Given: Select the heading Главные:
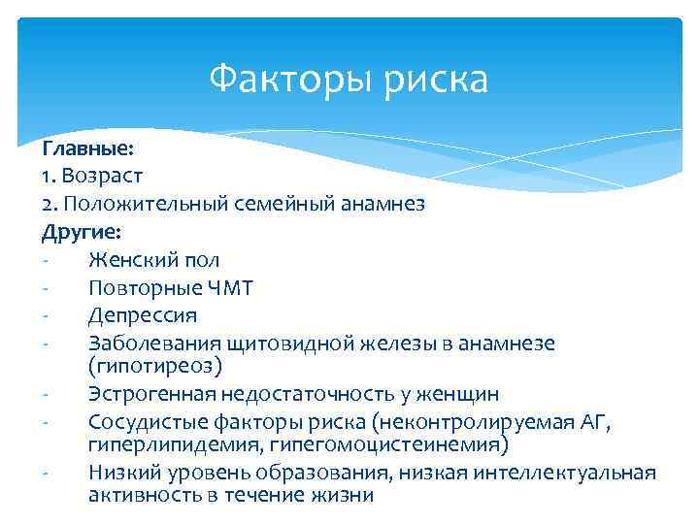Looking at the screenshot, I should (x=88, y=148).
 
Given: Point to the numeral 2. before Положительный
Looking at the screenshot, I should (x=50, y=205).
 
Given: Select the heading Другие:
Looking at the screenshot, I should (x=82, y=232).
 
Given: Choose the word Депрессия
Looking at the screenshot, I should (x=143, y=315).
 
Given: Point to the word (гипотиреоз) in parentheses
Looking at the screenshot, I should (x=155, y=366).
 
